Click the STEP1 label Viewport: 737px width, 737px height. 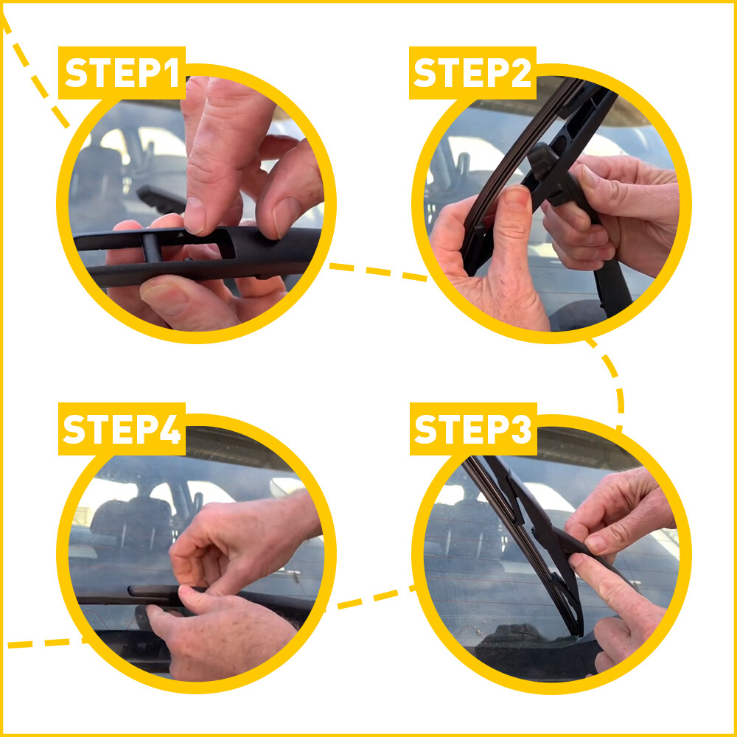[x=122, y=73]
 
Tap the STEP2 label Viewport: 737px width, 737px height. [x=472, y=73]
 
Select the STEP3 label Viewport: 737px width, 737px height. [x=472, y=429]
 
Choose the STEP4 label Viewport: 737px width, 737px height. [x=122, y=429]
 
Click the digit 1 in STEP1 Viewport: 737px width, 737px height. [x=170, y=73]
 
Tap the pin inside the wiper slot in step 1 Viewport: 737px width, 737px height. [x=152, y=248]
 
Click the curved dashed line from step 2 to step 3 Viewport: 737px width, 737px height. [x=615, y=383]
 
